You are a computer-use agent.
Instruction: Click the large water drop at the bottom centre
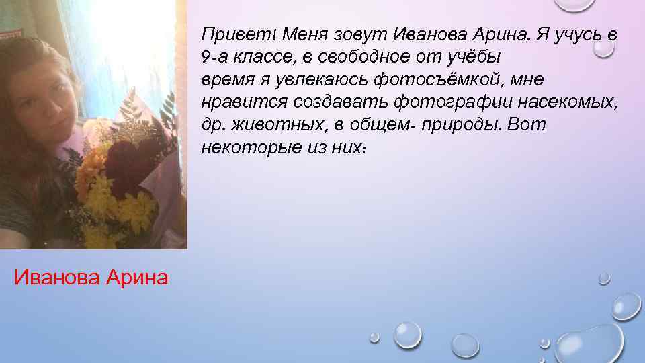406,333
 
